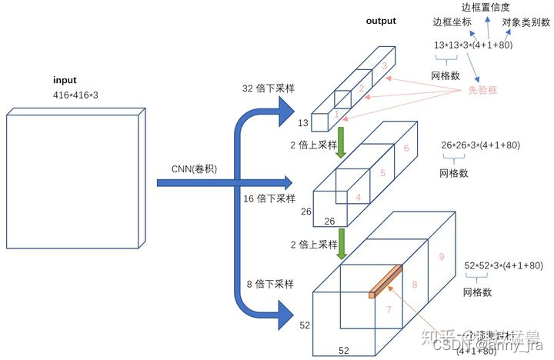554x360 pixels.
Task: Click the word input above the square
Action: (x=65, y=80)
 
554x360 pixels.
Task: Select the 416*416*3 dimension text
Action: (x=75, y=94)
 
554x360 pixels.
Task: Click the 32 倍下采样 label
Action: (x=269, y=89)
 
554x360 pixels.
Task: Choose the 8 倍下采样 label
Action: (x=269, y=284)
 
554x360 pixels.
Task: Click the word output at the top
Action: (x=381, y=21)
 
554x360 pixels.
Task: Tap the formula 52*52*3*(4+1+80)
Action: (x=505, y=265)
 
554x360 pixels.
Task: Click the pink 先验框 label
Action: (x=483, y=91)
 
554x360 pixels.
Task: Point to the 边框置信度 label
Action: (x=496, y=8)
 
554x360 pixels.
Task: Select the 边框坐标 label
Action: (x=452, y=23)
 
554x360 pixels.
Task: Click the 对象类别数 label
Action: (x=526, y=23)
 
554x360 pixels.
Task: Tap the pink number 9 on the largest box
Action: (x=441, y=257)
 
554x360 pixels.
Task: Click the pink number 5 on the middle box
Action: (x=382, y=174)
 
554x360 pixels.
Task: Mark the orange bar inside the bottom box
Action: (x=385, y=281)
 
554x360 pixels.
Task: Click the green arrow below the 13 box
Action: (x=339, y=142)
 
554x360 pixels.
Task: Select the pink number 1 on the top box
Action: (x=335, y=113)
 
